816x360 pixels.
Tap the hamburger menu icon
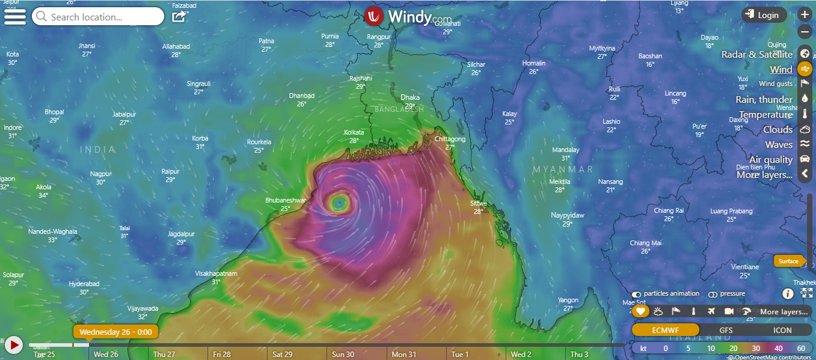pyautogui.click(x=14, y=16)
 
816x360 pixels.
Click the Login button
pyautogui.click(x=764, y=15)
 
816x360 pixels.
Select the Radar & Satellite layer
pyautogui.click(x=756, y=55)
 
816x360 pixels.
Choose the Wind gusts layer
pyautogui.click(x=776, y=84)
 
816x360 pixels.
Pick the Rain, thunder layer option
pyautogui.click(x=764, y=100)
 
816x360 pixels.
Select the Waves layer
pyautogui.click(x=779, y=145)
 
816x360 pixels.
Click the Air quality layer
pyautogui.click(x=771, y=160)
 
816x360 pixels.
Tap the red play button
pyautogui.click(x=13, y=345)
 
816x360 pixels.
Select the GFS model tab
pyautogui.click(x=726, y=330)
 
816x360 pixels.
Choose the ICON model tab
pyautogui.click(x=782, y=330)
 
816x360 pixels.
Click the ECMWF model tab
pyautogui.click(x=666, y=330)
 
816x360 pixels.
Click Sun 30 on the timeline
pyautogui.click(x=343, y=355)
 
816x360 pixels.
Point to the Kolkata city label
pyautogui.click(x=354, y=132)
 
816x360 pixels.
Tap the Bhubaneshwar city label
pyautogui.click(x=286, y=201)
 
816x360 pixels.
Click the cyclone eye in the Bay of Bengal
pyautogui.click(x=340, y=203)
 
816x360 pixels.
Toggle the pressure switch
pyautogui.click(x=713, y=294)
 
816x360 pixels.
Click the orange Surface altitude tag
pyautogui.click(x=788, y=261)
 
